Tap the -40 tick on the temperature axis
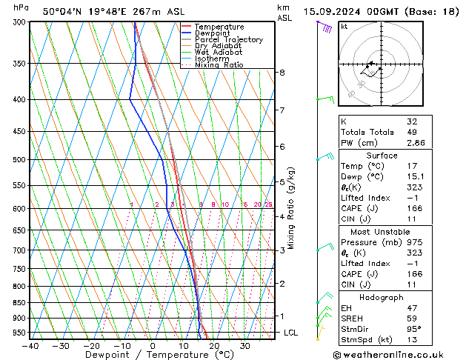30,346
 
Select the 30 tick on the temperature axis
244,346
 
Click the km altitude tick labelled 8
282,73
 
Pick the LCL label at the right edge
290,333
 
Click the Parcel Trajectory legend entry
228,40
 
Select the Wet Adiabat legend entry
219,53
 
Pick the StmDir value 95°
413,330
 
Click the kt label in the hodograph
344,27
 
